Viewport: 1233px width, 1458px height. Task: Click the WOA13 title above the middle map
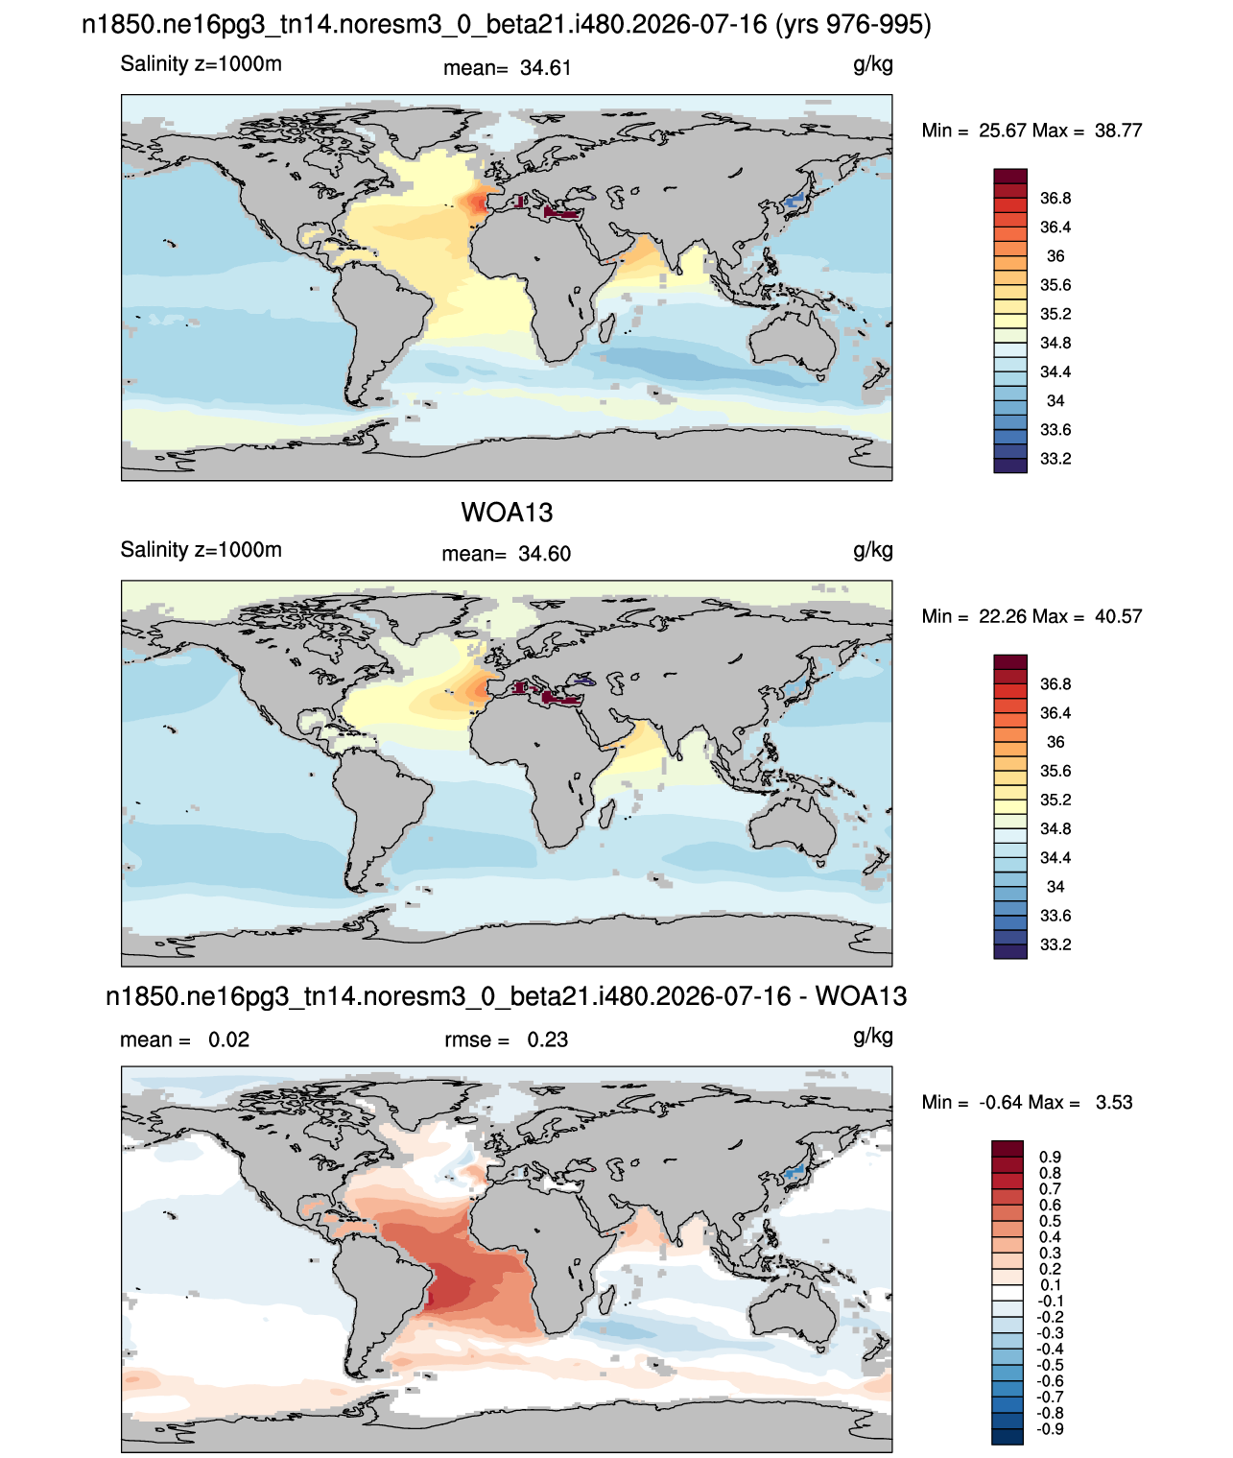pos(507,513)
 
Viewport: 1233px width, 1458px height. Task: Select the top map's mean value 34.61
pos(546,68)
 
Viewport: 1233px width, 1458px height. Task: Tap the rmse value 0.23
pos(548,1040)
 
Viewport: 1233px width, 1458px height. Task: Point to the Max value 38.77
pos(1118,131)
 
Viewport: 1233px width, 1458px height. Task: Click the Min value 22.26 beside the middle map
pos(1003,616)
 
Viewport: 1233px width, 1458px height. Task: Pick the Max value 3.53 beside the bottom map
pos(1114,1103)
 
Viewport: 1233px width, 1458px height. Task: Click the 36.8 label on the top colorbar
pos(1055,199)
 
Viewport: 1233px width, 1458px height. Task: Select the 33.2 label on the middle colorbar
pos(1055,944)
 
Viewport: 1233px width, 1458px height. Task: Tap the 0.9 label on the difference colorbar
pos(1050,1158)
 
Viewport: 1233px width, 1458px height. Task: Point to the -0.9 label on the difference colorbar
pos(1050,1430)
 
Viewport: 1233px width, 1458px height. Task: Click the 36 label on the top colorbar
pos(1055,256)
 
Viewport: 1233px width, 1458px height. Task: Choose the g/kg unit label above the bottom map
pos(873,1037)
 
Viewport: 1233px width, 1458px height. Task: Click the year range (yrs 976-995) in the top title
pos(853,25)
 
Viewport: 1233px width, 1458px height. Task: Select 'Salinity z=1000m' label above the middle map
pos(201,549)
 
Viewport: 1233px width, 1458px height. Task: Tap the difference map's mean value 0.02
pos(228,1040)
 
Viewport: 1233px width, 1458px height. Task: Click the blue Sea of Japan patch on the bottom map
pos(794,1174)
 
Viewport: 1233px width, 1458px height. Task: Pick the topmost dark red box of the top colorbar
pos(1010,177)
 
